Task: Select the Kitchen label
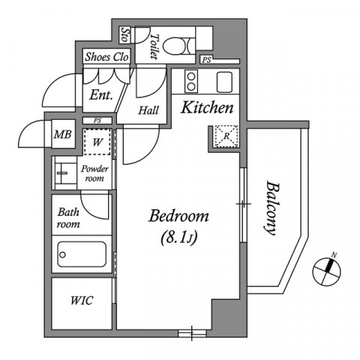(x=208, y=107)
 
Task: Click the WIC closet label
(x=82, y=301)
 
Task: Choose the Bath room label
(x=69, y=217)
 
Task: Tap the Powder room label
(x=95, y=174)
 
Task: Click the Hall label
(x=148, y=110)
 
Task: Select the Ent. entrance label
(x=100, y=95)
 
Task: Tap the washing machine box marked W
(x=97, y=142)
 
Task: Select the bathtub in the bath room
(x=82, y=255)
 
